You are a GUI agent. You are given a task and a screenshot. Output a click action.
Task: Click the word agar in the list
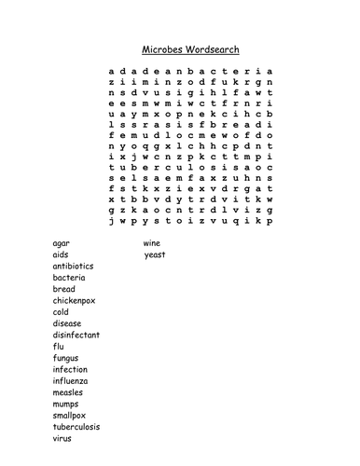click(62, 242)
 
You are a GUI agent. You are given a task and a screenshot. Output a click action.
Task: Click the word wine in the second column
click(152, 242)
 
